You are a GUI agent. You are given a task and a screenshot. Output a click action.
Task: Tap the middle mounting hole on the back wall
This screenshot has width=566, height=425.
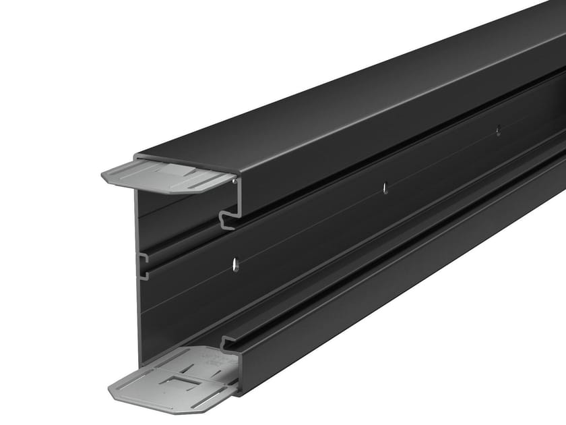click(x=385, y=188)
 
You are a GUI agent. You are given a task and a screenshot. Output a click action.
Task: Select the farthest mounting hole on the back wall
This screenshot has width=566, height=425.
click(x=498, y=130)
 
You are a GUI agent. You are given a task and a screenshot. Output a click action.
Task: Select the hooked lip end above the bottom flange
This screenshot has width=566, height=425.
click(x=228, y=343)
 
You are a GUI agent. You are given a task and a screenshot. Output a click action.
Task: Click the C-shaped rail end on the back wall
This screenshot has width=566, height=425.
click(x=143, y=266)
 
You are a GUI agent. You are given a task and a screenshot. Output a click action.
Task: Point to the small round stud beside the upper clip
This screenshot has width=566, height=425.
click(x=233, y=180)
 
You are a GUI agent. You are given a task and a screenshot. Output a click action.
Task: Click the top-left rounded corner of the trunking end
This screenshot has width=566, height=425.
click(x=137, y=157)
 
